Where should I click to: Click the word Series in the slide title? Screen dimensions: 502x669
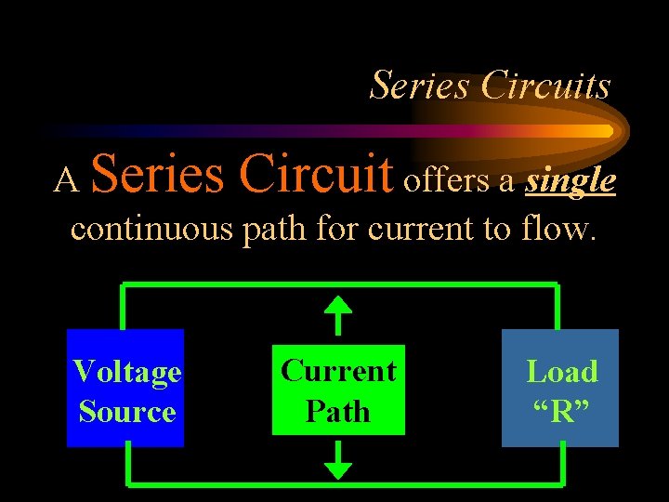[421, 86]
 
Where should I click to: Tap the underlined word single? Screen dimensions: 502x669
[571, 180]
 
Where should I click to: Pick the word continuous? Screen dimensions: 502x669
[152, 228]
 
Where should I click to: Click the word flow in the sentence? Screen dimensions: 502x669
[555, 228]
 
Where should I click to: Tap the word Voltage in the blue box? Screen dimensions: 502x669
[126, 372]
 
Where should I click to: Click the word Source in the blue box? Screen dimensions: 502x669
[126, 411]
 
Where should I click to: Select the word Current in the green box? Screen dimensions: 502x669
[338, 371]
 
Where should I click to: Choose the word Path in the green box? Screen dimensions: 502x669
[338, 411]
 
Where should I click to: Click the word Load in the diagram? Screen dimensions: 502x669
[561, 372]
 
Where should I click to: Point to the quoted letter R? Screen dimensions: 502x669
[561, 411]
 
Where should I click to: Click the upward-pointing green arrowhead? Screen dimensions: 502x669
[338, 306]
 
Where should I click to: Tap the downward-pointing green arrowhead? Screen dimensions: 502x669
[338, 469]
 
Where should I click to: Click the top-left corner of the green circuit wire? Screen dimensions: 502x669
[125, 285]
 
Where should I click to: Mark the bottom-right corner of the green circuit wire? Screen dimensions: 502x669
[560, 482]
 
